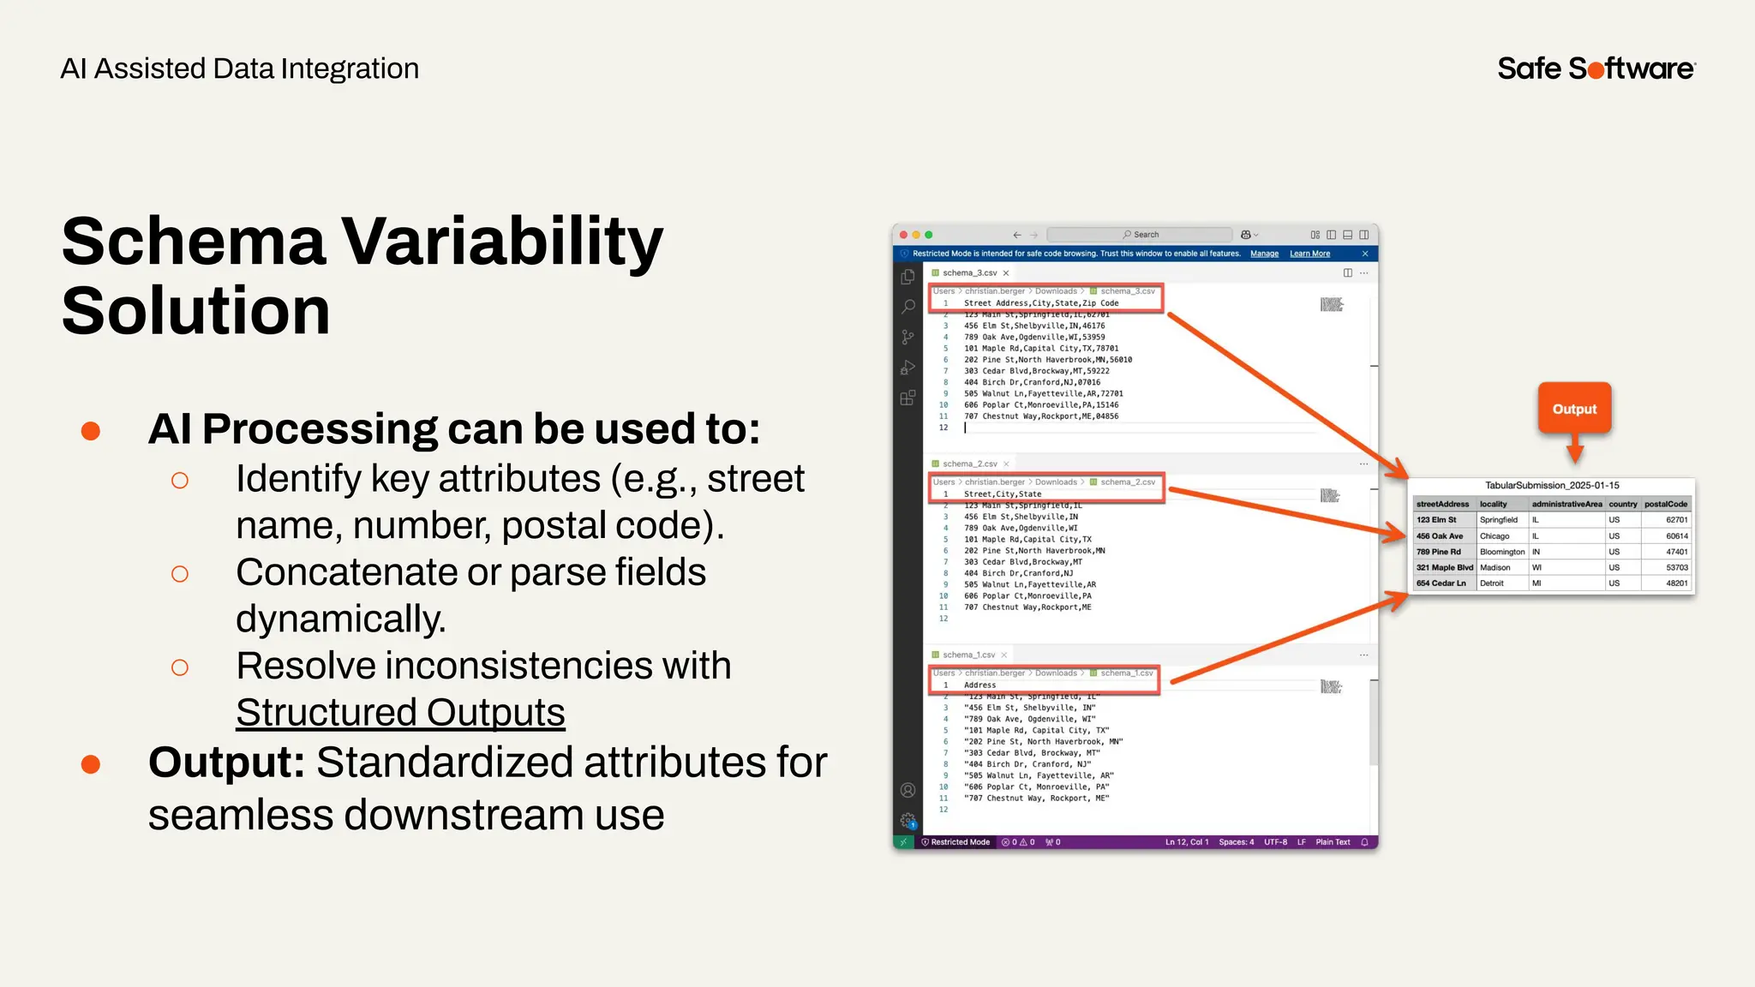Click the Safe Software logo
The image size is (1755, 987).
coord(1596,68)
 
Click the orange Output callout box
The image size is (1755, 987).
coord(1574,409)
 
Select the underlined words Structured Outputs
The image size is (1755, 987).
coord(400,712)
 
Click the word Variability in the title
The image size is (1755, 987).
coord(502,242)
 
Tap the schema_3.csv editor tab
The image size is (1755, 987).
coord(969,272)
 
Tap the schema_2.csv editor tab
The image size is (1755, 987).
coord(969,464)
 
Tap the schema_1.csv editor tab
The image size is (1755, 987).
coord(968,655)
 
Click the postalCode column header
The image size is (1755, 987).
coord(1665,504)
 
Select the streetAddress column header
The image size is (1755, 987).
coord(1442,504)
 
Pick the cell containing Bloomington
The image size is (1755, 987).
coord(1501,552)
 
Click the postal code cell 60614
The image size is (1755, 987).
coord(1676,535)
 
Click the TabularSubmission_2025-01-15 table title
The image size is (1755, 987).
coord(1552,485)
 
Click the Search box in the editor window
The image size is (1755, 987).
coord(1140,235)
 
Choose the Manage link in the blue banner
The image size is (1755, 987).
coord(1264,254)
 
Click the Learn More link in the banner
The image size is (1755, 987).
coord(1309,254)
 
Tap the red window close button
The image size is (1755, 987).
coord(903,235)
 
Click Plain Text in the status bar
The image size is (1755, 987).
coord(1333,842)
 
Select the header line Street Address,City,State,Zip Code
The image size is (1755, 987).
coord(1040,303)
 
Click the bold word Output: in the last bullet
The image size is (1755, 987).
coord(226,763)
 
